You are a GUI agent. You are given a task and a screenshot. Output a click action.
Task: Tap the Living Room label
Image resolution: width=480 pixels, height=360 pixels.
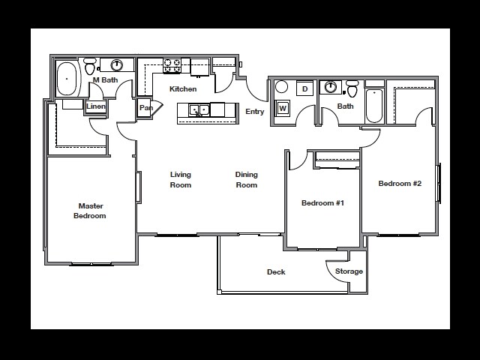click(180, 180)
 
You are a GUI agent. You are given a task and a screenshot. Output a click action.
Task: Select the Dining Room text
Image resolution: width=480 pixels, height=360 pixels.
click(246, 180)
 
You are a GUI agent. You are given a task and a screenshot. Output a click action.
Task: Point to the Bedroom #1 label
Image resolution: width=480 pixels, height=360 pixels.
click(322, 203)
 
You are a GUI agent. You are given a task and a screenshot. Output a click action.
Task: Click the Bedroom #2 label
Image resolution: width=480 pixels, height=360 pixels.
click(400, 184)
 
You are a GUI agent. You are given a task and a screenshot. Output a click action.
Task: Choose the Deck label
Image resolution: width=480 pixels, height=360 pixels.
click(276, 272)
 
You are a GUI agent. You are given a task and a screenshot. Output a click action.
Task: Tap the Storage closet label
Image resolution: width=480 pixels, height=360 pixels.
click(349, 271)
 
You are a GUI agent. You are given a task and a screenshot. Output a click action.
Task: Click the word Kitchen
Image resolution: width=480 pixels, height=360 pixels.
click(183, 89)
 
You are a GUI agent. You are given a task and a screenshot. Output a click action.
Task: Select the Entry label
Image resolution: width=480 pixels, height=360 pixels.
click(255, 112)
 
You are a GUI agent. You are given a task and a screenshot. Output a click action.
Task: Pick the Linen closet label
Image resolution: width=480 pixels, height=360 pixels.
click(95, 106)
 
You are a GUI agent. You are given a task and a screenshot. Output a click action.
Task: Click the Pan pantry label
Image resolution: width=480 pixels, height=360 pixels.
click(145, 108)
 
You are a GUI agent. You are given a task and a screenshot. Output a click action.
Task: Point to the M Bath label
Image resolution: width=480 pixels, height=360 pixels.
click(105, 79)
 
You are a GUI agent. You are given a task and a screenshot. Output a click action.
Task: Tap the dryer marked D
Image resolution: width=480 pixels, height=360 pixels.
click(304, 89)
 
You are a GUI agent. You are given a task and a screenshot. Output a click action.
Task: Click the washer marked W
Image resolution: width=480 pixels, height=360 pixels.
click(283, 108)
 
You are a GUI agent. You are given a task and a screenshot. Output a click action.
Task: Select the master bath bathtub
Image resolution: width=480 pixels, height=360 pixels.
click(69, 77)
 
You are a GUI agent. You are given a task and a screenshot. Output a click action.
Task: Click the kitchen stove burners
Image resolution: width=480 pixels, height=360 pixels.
click(172, 66)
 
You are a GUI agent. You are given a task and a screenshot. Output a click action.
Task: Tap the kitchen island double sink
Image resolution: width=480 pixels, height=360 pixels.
click(199, 110)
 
